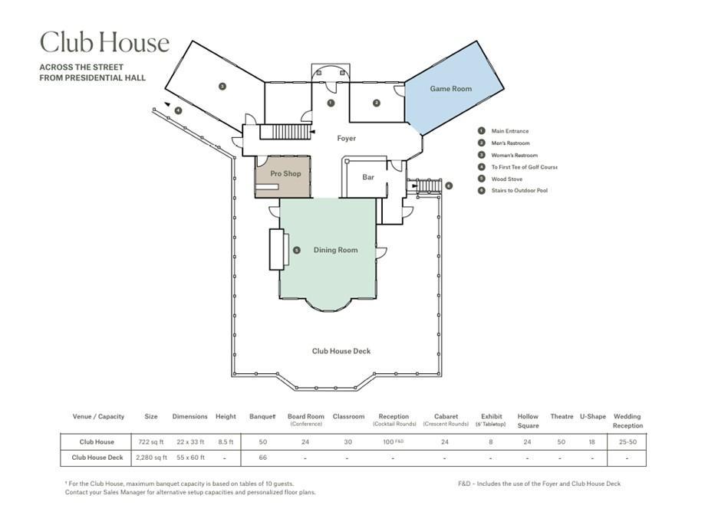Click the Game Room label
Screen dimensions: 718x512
(x=450, y=89)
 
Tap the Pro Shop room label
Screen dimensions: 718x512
(x=285, y=173)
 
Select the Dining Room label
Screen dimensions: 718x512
(x=336, y=250)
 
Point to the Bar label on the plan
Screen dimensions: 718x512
(x=368, y=177)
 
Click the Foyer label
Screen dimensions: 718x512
(x=346, y=138)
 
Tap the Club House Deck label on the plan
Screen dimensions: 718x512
(x=341, y=351)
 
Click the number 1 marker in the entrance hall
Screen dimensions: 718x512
(x=331, y=103)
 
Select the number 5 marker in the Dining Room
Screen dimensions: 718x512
(x=297, y=251)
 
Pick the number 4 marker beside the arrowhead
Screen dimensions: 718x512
(x=178, y=110)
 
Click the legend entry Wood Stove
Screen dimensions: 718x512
(x=506, y=179)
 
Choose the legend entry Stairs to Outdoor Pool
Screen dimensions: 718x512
(x=519, y=190)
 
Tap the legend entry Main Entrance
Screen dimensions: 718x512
(x=509, y=131)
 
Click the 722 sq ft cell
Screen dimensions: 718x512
(x=150, y=442)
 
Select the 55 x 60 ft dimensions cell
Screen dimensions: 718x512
(x=190, y=458)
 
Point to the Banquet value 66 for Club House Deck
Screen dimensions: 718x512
(x=263, y=458)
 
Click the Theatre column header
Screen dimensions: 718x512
(x=562, y=416)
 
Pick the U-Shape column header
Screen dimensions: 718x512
(x=592, y=416)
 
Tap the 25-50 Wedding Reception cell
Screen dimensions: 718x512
(x=627, y=442)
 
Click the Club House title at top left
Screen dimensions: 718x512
(x=104, y=42)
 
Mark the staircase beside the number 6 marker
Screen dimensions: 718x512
(x=429, y=185)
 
